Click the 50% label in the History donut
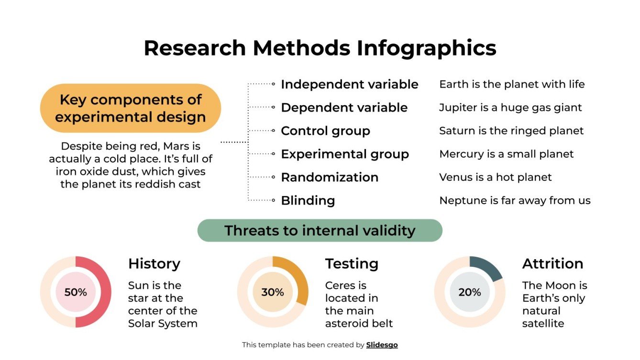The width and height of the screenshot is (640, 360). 76,292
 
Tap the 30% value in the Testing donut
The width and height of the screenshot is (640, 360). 273,292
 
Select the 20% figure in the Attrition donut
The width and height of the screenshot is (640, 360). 470,292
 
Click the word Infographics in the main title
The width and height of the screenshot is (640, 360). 426,48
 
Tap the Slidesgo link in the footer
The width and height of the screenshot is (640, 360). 382,345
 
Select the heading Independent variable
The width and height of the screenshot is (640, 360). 349,84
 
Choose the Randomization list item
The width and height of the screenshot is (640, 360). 330,177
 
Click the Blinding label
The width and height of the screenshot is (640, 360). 308,200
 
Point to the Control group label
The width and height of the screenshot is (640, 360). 325,131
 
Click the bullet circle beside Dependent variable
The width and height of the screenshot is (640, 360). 273,108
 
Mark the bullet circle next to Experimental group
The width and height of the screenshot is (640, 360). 273,154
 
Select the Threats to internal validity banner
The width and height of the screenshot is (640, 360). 320,230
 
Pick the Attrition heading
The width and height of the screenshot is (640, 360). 552,263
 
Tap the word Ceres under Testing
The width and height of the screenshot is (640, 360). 339,285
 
